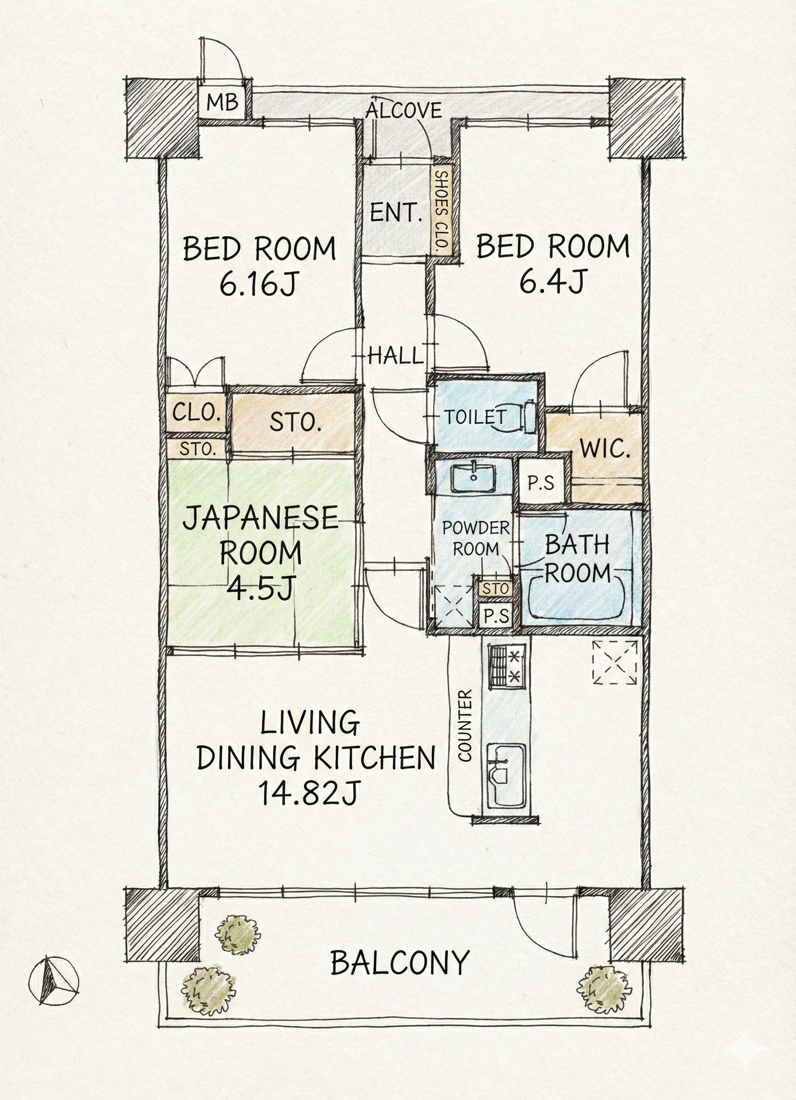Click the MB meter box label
tap(223, 102)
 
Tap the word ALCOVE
tap(403, 110)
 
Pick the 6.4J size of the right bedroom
tap(551, 281)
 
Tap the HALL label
tap(395, 356)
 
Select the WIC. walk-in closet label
tap(606, 449)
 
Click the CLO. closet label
tap(196, 413)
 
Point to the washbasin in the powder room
tap(473, 478)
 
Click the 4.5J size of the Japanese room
tap(260, 588)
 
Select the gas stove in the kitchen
tap(507, 665)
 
